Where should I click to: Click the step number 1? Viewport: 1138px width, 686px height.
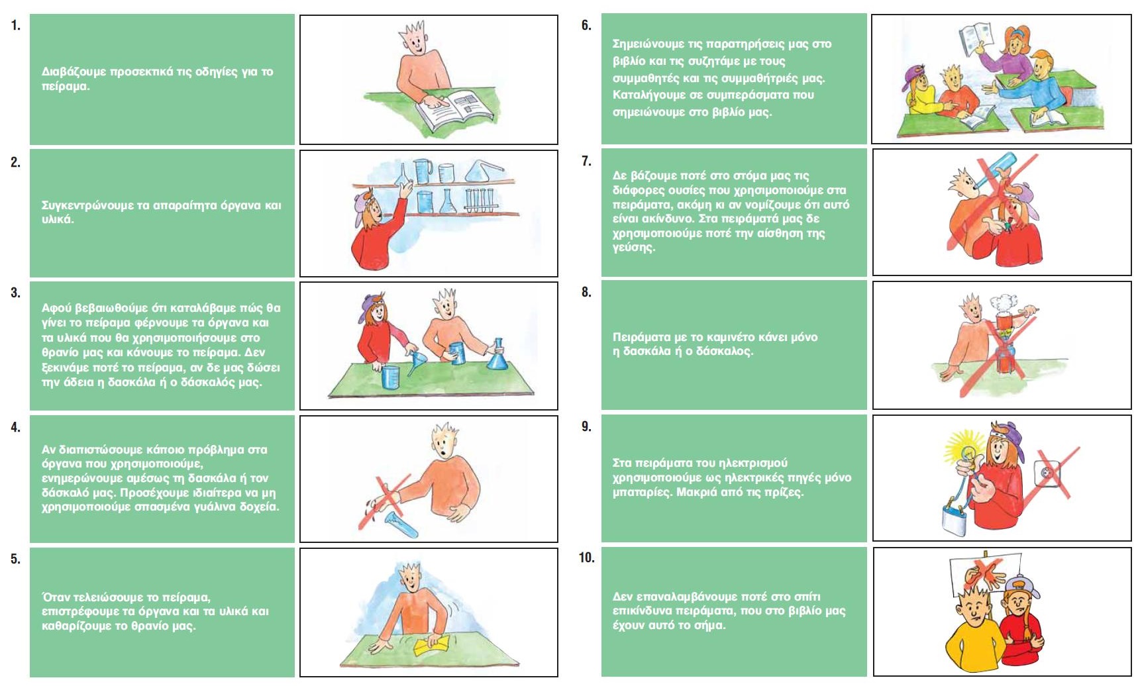[x=15, y=26]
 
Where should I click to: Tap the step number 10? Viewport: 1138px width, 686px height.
[x=587, y=558]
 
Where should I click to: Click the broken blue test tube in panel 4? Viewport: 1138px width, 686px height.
[x=401, y=522]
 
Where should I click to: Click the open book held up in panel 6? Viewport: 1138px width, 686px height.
[x=976, y=40]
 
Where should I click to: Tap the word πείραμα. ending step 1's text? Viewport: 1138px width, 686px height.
[x=66, y=87]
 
